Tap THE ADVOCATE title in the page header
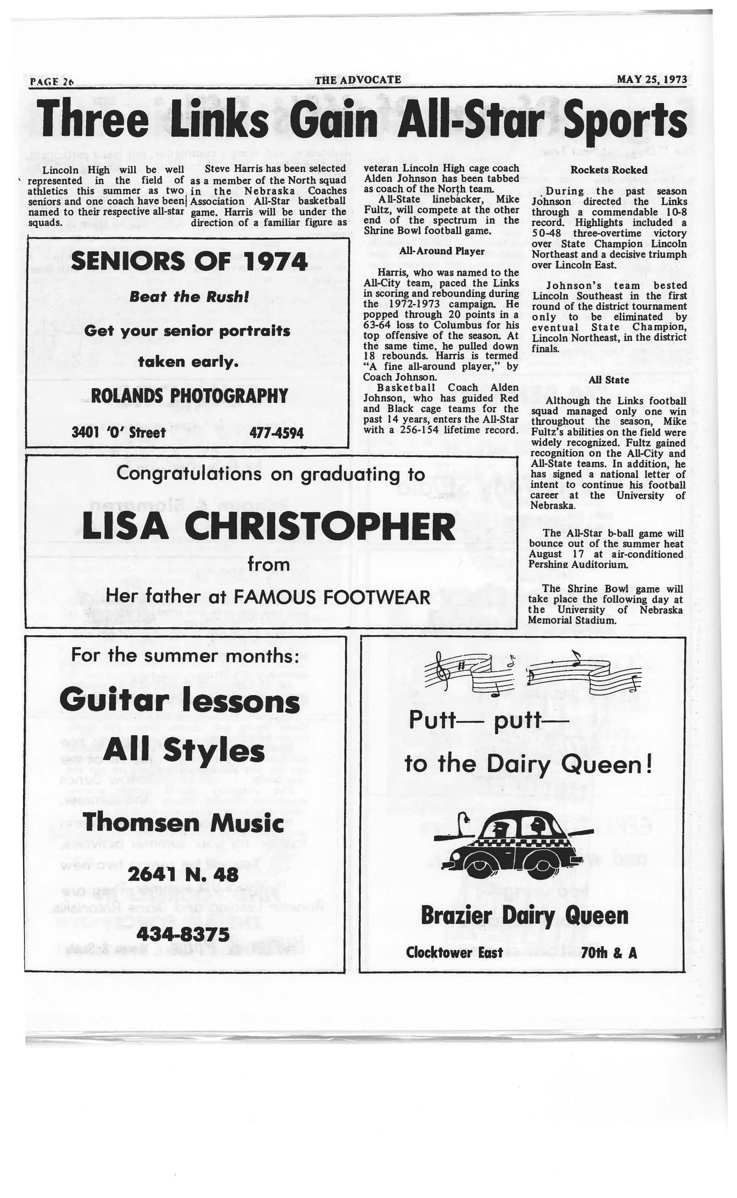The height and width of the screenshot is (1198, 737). [x=358, y=79]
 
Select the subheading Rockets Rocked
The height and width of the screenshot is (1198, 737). [x=609, y=170]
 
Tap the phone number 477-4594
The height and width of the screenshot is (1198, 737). [x=276, y=433]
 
